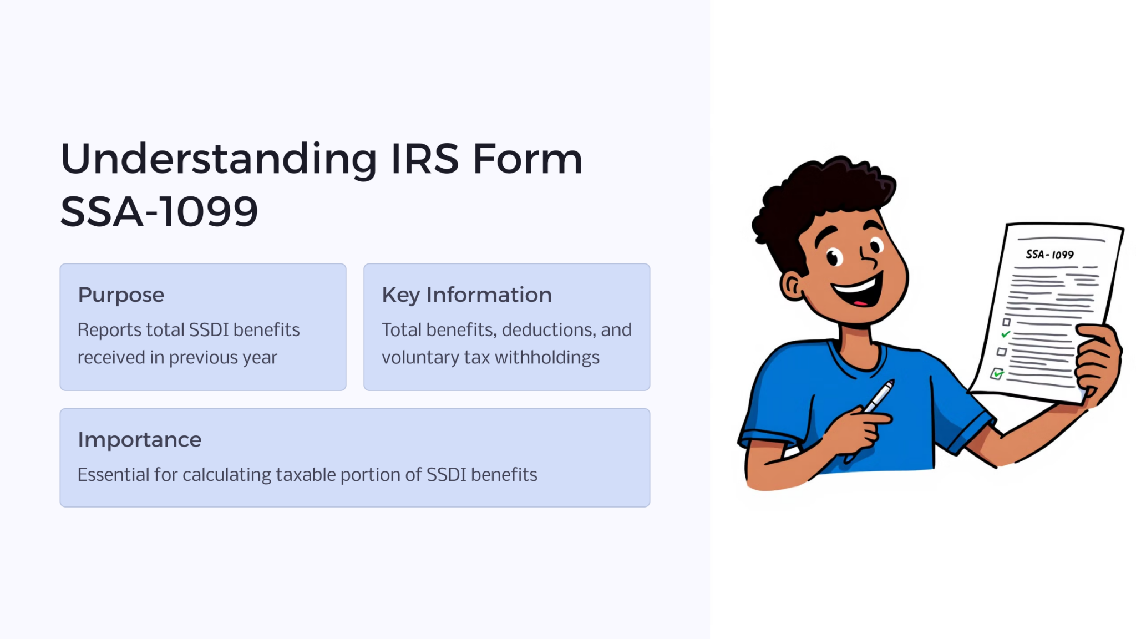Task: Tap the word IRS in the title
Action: click(425, 159)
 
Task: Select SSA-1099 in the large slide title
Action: click(159, 212)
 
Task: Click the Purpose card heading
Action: click(121, 295)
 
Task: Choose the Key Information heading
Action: click(466, 295)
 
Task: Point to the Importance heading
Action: click(139, 440)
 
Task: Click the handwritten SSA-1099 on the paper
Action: click(1049, 255)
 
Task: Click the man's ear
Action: click(792, 286)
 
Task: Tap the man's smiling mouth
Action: click(858, 291)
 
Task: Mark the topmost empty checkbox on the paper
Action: click(1006, 322)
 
